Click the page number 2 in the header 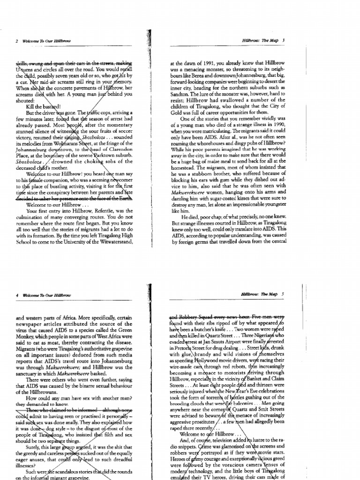click(17, 41)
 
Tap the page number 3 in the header click(284, 41)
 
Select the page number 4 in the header click(17, 294)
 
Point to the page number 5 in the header click(284, 294)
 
